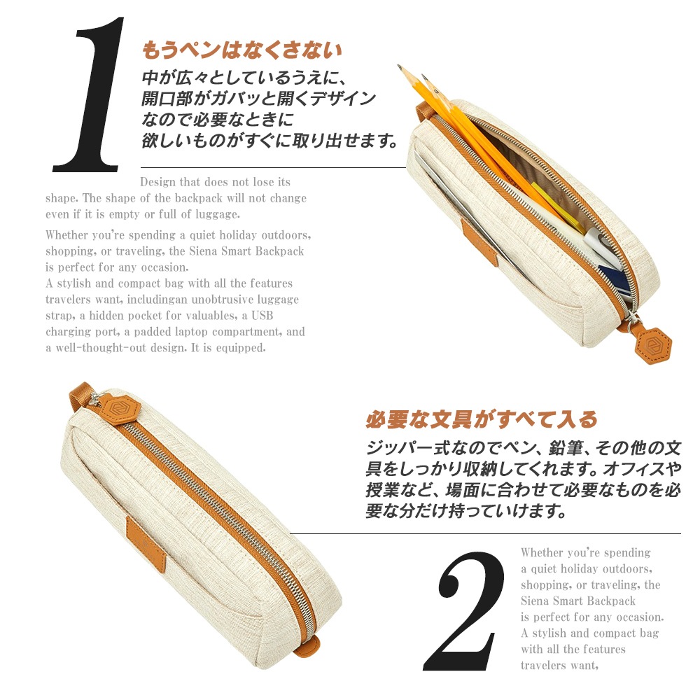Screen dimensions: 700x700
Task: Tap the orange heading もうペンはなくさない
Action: pyautogui.click(x=242, y=50)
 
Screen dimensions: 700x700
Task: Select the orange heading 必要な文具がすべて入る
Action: pyautogui.click(x=482, y=419)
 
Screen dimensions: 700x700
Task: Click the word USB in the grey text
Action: pyautogui.click(x=262, y=316)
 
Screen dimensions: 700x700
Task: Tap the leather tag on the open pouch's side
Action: pyautogui.click(x=481, y=243)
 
